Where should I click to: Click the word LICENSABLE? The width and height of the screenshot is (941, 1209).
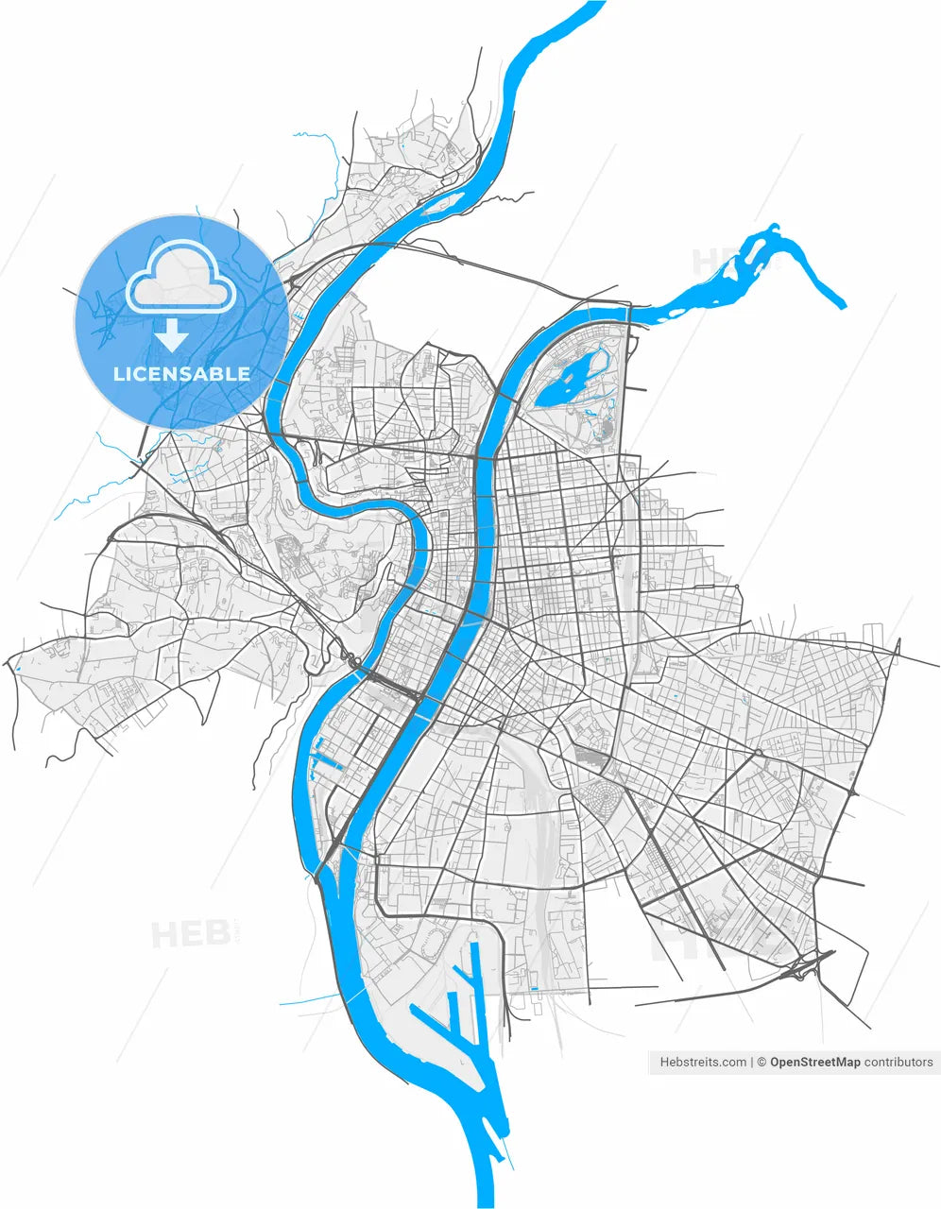point(181,374)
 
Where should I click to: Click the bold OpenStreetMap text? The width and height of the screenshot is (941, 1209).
point(814,1062)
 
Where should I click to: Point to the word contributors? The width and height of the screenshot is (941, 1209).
point(898,1062)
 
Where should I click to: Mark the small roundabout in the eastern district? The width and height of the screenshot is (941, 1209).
point(758,753)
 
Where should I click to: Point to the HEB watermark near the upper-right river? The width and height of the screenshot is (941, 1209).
point(717,261)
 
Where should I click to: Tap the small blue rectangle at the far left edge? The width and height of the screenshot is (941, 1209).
point(18,671)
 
